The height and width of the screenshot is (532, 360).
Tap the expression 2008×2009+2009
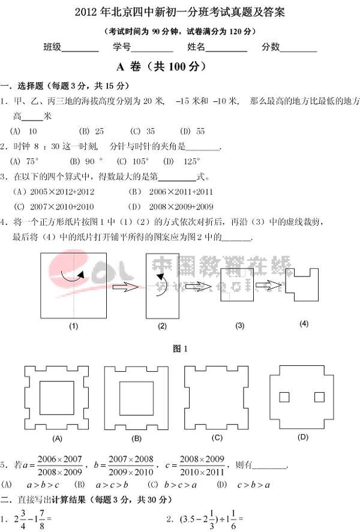pos(181,207)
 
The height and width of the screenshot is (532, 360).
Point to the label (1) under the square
pos(74,327)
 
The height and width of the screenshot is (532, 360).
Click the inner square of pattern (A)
pos(57,397)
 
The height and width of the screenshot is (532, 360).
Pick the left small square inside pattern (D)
pos(284,398)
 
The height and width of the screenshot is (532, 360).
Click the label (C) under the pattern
pos(217,437)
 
